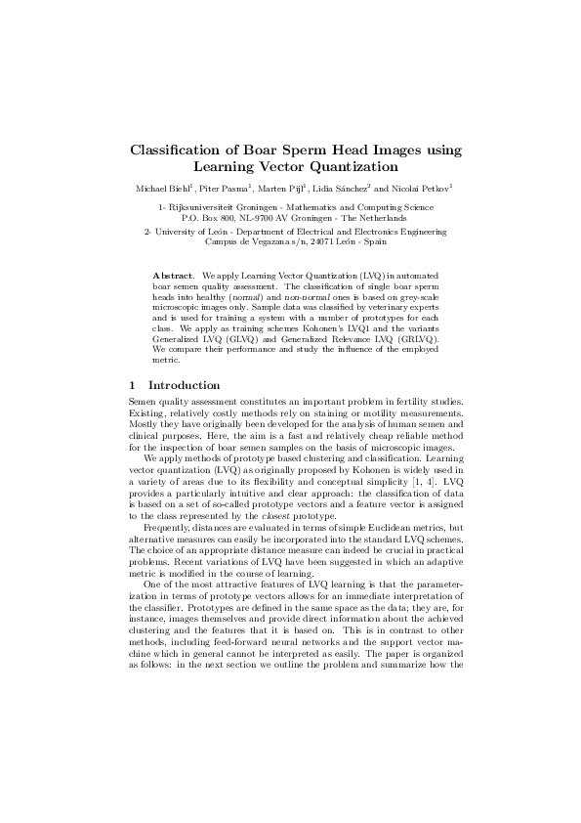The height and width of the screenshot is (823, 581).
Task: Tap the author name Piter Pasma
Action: pyautogui.click(x=227, y=187)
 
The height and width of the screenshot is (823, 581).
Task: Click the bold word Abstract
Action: pyautogui.click(x=174, y=277)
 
